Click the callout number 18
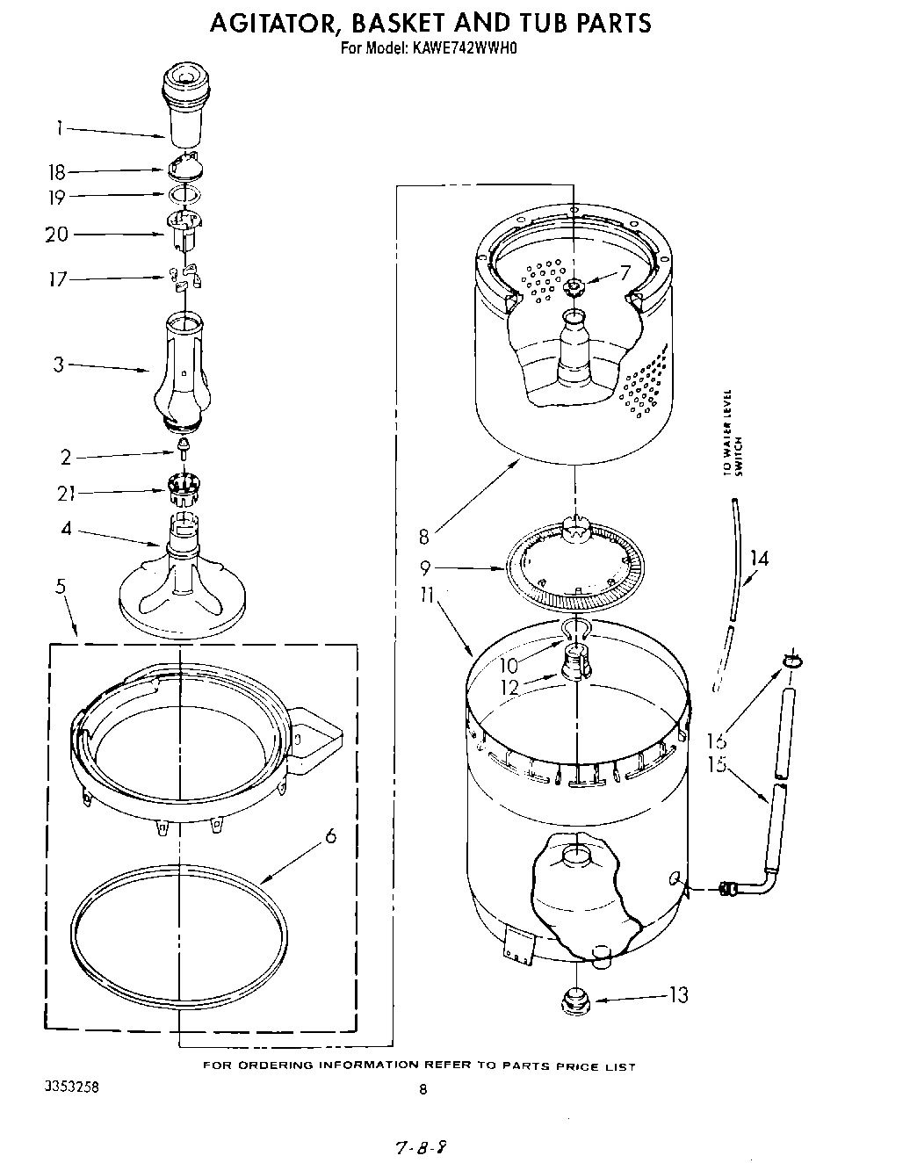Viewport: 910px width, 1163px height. (57, 173)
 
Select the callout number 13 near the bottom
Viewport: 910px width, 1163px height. (678, 995)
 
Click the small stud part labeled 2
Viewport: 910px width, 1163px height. (183, 451)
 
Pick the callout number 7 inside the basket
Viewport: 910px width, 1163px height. (625, 273)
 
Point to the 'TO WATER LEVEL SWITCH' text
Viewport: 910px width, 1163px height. (733, 432)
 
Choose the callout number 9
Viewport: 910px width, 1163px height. (424, 568)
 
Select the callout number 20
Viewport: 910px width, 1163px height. (56, 235)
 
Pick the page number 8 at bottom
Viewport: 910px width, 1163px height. (422, 1090)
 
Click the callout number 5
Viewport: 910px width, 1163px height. (61, 586)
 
